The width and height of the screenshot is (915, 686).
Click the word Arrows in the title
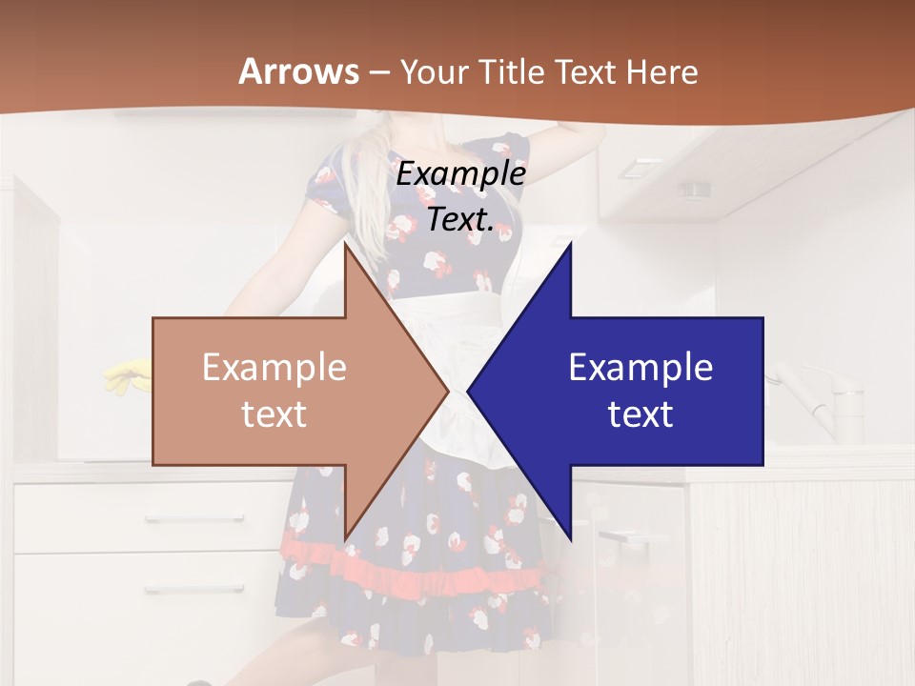point(299,71)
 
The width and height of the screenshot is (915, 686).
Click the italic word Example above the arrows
point(460,173)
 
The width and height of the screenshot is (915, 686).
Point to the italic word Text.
point(460,219)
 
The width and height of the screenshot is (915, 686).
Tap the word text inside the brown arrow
point(274,414)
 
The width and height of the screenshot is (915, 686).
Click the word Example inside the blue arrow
point(640,368)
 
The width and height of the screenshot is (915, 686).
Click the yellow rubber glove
point(124,376)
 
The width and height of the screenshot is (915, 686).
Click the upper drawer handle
point(181,519)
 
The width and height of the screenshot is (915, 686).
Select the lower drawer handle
point(181,589)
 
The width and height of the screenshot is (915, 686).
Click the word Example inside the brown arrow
point(274,368)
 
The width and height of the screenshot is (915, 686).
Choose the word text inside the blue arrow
point(640,414)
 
